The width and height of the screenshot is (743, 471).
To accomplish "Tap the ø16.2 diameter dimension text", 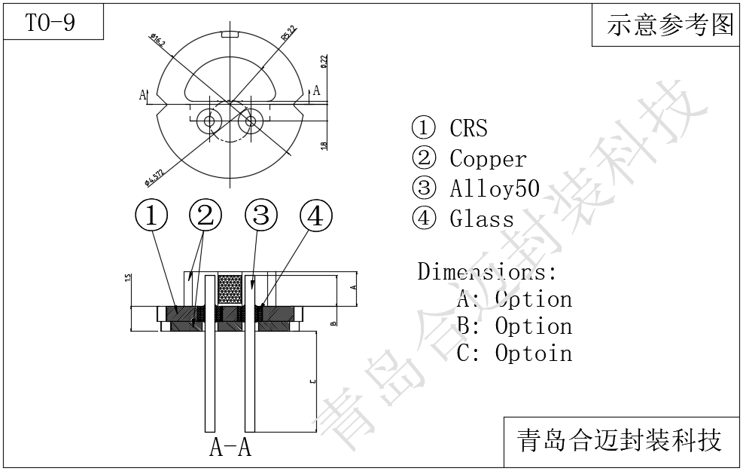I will coord(158,40).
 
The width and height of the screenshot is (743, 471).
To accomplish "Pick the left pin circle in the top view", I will coord(209,121).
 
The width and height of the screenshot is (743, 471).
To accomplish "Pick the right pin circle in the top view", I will coord(251,121).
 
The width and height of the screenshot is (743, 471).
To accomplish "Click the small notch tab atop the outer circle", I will coord(230,34).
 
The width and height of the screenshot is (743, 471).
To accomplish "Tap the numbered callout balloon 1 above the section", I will coord(151,216).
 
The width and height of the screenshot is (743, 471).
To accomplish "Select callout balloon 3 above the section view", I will coord(260,216).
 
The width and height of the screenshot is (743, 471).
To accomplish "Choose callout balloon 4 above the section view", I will coord(315,216).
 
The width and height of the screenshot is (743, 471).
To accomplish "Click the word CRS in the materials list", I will coord(468,128).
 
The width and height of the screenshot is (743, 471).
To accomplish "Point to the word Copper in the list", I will coord(488,159).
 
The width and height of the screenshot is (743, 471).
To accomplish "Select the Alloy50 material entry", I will coord(495,188).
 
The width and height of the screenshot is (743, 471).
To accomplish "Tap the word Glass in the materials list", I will coord(482,219).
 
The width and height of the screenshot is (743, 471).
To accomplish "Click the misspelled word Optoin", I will coord(533,353).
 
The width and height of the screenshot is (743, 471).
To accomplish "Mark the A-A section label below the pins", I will coord(230,448).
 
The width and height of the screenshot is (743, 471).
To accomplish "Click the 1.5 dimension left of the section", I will coord(128,278).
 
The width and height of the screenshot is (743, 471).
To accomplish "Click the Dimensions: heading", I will coord(487,271).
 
